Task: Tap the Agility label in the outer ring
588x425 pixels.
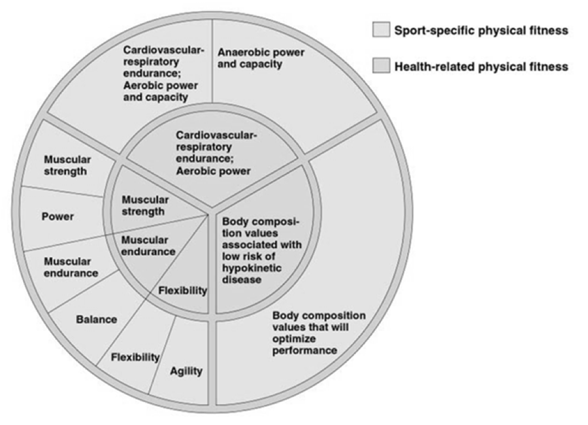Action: click(186, 371)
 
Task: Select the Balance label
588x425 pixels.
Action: click(96, 320)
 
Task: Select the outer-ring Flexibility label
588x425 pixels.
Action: click(135, 357)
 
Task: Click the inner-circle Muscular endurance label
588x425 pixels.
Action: click(148, 245)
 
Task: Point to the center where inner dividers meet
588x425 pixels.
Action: click(209, 214)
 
